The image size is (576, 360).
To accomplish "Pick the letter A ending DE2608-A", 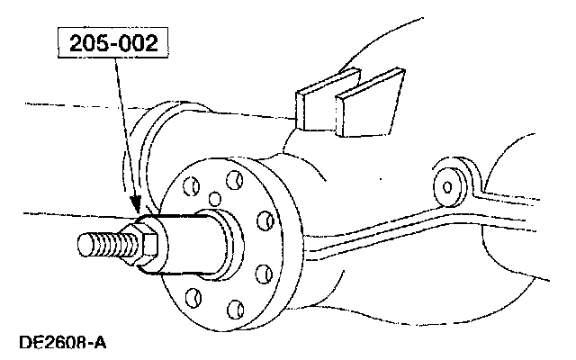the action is pyautogui.click(x=100, y=343).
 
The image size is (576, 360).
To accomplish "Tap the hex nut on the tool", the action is pyautogui.click(x=148, y=241).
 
